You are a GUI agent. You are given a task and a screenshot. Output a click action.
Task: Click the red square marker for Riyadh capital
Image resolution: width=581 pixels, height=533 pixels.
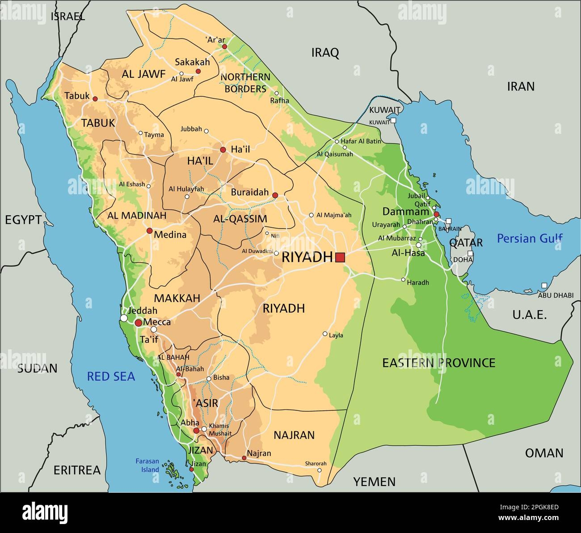click(x=340, y=257)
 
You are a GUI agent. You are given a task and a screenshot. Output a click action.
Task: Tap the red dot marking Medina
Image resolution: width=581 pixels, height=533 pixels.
click(x=149, y=231)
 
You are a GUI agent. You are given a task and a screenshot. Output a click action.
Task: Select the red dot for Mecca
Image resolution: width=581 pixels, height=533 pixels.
click(x=139, y=323)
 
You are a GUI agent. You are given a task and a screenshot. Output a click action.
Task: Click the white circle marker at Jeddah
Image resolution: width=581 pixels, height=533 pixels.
click(x=123, y=318)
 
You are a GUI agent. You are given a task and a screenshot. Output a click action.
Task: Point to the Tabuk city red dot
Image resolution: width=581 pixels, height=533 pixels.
click(x=95, y=98)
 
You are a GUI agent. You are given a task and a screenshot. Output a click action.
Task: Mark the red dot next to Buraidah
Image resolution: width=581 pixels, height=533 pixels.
click(x=275, y=195)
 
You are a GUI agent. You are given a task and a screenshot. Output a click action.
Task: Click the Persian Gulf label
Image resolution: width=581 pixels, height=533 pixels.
click(x=530, y=239)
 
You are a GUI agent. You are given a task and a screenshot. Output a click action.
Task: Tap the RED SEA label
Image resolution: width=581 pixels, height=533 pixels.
click(x=111, y=376)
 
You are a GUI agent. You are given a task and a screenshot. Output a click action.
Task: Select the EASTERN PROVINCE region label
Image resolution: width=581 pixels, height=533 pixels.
click(x=438, y=362)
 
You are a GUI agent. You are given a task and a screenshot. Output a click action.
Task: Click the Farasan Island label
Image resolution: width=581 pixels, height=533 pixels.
click(x=147, y=465)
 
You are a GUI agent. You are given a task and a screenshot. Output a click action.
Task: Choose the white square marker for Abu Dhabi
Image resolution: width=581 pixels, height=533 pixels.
click(x=544, y=286)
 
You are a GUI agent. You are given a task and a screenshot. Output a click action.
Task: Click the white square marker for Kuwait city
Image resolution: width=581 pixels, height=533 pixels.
click(x=393, y=120)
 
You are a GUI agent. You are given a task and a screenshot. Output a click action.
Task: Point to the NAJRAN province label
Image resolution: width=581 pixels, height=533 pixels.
click(x=294, y=435)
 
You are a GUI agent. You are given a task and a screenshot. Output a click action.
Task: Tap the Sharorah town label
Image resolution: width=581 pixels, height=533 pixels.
click(x=316, y=464)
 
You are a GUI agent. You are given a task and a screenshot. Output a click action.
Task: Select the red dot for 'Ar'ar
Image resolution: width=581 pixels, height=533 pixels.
click(x=225, y=47)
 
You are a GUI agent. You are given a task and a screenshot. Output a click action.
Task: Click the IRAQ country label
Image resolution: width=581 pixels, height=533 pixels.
click(x=325, y=53)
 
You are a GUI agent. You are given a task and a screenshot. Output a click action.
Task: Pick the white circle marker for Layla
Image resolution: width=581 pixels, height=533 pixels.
click(x=325, y=334)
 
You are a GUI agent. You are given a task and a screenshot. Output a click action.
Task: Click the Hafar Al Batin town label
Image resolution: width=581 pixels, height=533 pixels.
click(x=361, y=141)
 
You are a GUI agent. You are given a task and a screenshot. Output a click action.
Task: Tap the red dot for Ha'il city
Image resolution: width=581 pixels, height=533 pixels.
click(x=223, y=149)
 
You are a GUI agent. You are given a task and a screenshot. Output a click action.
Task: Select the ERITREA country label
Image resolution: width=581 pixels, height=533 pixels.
click(x=77, y=470)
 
